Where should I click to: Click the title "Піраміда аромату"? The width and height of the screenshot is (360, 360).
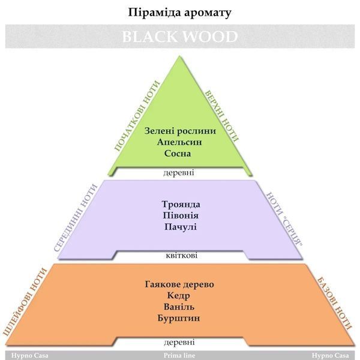pyautogui.click(x=179, y=13)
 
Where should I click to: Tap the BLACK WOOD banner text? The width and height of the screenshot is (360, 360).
pyautogui.click(x=180, y=37)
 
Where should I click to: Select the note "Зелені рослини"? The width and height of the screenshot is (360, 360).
pyautogui.click(x=180, y=131)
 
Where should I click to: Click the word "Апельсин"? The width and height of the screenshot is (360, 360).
pyautogui.click(x=179, y=142)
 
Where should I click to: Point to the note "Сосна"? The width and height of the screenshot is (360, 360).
pyautogui.click(x=178, y=154)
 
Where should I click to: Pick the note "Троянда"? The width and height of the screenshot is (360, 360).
pyautogui.click(x=181, y=205)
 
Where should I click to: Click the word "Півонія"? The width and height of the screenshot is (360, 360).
pyautogui.click(x=181, y=215)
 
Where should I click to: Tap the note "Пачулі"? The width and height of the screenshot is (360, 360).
pyautogui.click(x=181, y=227)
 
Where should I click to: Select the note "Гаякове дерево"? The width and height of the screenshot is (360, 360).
pyautogui.click(x=179, y=284)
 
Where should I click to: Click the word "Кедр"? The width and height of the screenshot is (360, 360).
pyautogui.click(x=178, y=295)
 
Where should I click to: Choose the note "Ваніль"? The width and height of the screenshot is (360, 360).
pyautogui.click(x=179, y=307)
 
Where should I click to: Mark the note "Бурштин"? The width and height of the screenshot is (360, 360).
pyautogui.click(x=179, y=318)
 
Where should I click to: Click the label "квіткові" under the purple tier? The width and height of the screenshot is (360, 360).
pyautogui.click(x=181, y=256)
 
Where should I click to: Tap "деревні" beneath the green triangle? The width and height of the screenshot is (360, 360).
pyautogui.click(x=179, y=172)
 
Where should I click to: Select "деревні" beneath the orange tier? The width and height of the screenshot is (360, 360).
pyautogui.click(x=179, y=343)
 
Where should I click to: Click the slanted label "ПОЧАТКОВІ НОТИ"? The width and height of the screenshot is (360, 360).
pyautogui.click(x=137, y=116)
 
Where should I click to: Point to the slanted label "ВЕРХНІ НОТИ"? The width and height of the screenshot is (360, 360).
pyautogui.click(x=221, y=116)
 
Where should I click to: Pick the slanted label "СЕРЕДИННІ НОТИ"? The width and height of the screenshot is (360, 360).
pyautogui.click(x=76, y=218)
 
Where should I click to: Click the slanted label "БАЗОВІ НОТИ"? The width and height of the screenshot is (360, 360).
pyautogui.click(x=334, y=304)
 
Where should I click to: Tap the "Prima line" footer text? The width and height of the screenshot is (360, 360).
pyautogui.click(x=179, y=355)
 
